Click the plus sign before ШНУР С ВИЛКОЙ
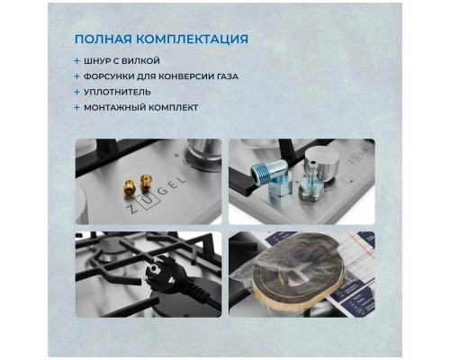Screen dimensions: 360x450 [77, 60]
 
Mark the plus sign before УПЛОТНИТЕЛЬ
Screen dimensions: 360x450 [77, 92]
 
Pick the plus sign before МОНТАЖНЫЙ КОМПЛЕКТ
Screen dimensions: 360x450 [77, 108]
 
